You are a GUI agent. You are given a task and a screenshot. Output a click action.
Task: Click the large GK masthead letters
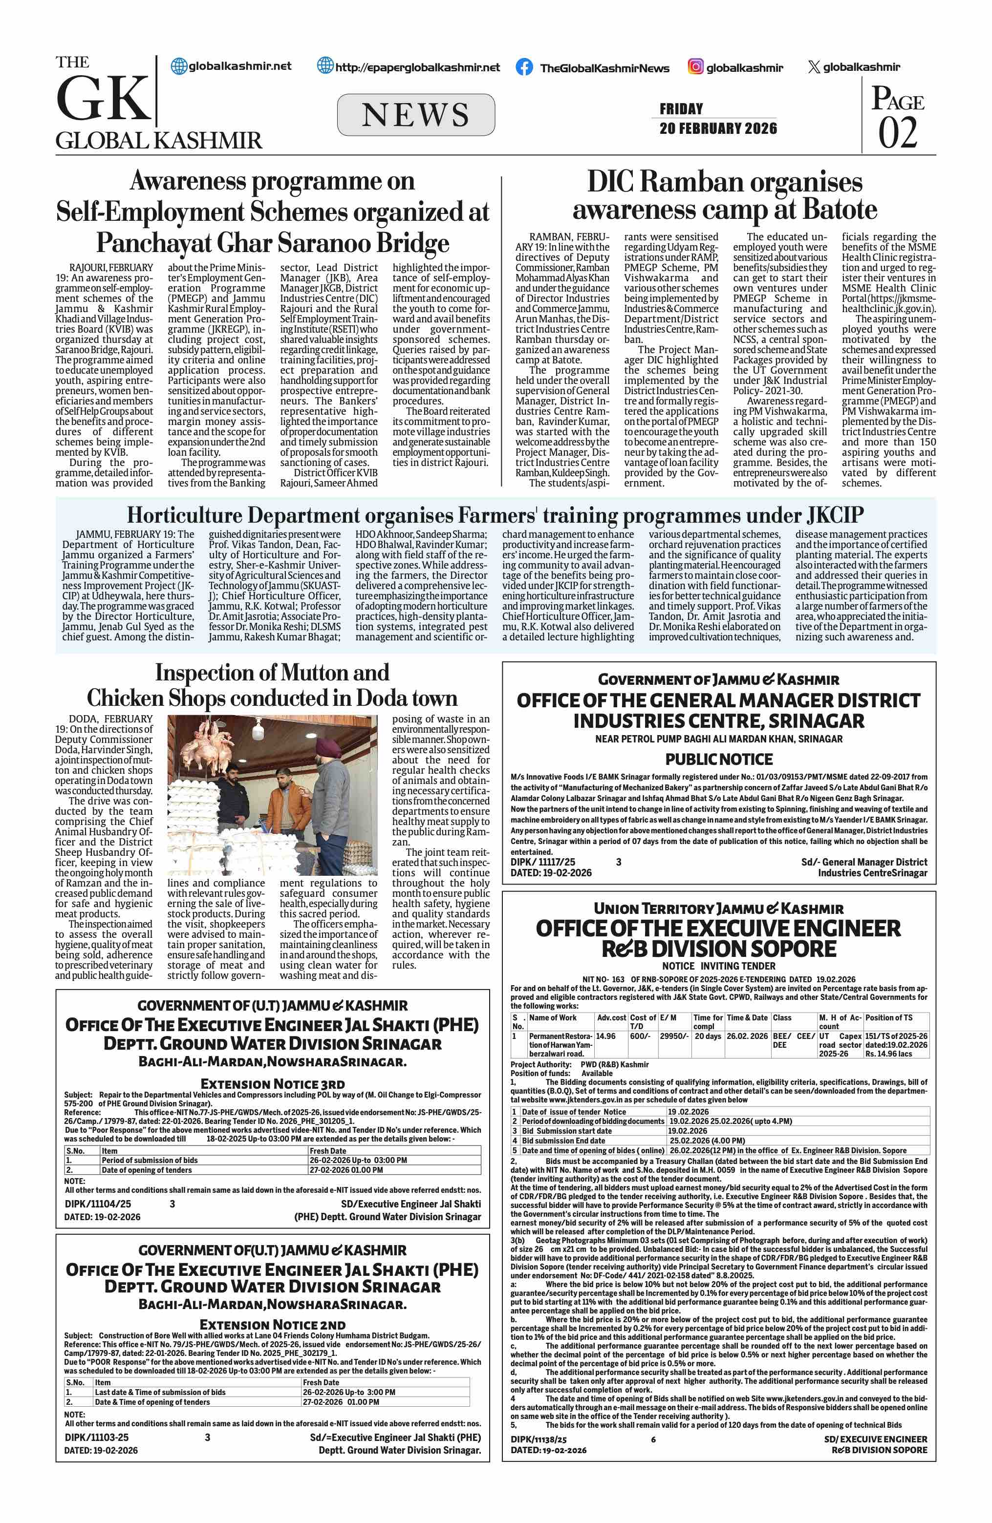[103, 99]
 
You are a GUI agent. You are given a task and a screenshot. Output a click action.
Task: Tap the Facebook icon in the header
[523, 67]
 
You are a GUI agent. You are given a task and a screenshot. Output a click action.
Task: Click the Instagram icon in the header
[696, 66]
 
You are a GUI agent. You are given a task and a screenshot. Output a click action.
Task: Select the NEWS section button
[415, 115]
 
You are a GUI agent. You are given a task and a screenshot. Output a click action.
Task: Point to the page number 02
[897, 133]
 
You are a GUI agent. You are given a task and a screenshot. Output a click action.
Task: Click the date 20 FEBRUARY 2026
[718, 128]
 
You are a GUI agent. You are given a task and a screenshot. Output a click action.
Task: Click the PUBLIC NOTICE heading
[719, 760]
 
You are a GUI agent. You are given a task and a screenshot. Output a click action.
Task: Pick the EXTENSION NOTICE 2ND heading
[273, 1324]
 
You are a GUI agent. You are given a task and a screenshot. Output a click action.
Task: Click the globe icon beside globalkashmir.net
[179, 66]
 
